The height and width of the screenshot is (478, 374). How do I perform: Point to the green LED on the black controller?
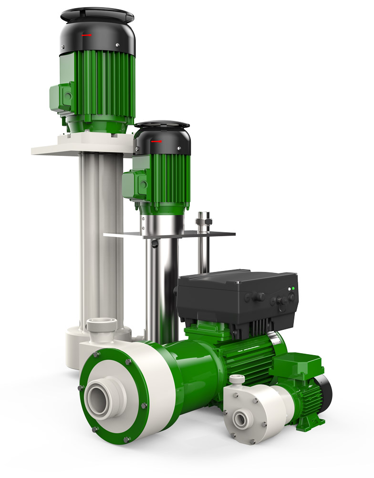pyautogui.click(x=293, y=289)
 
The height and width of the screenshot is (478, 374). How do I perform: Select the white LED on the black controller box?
pyautogui.click(x=289, y=289)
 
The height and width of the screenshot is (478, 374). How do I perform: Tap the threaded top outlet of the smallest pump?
pyautogui.click(x=237, y=380)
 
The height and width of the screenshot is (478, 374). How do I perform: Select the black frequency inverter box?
pyautogui.click(x=236, y=296)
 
